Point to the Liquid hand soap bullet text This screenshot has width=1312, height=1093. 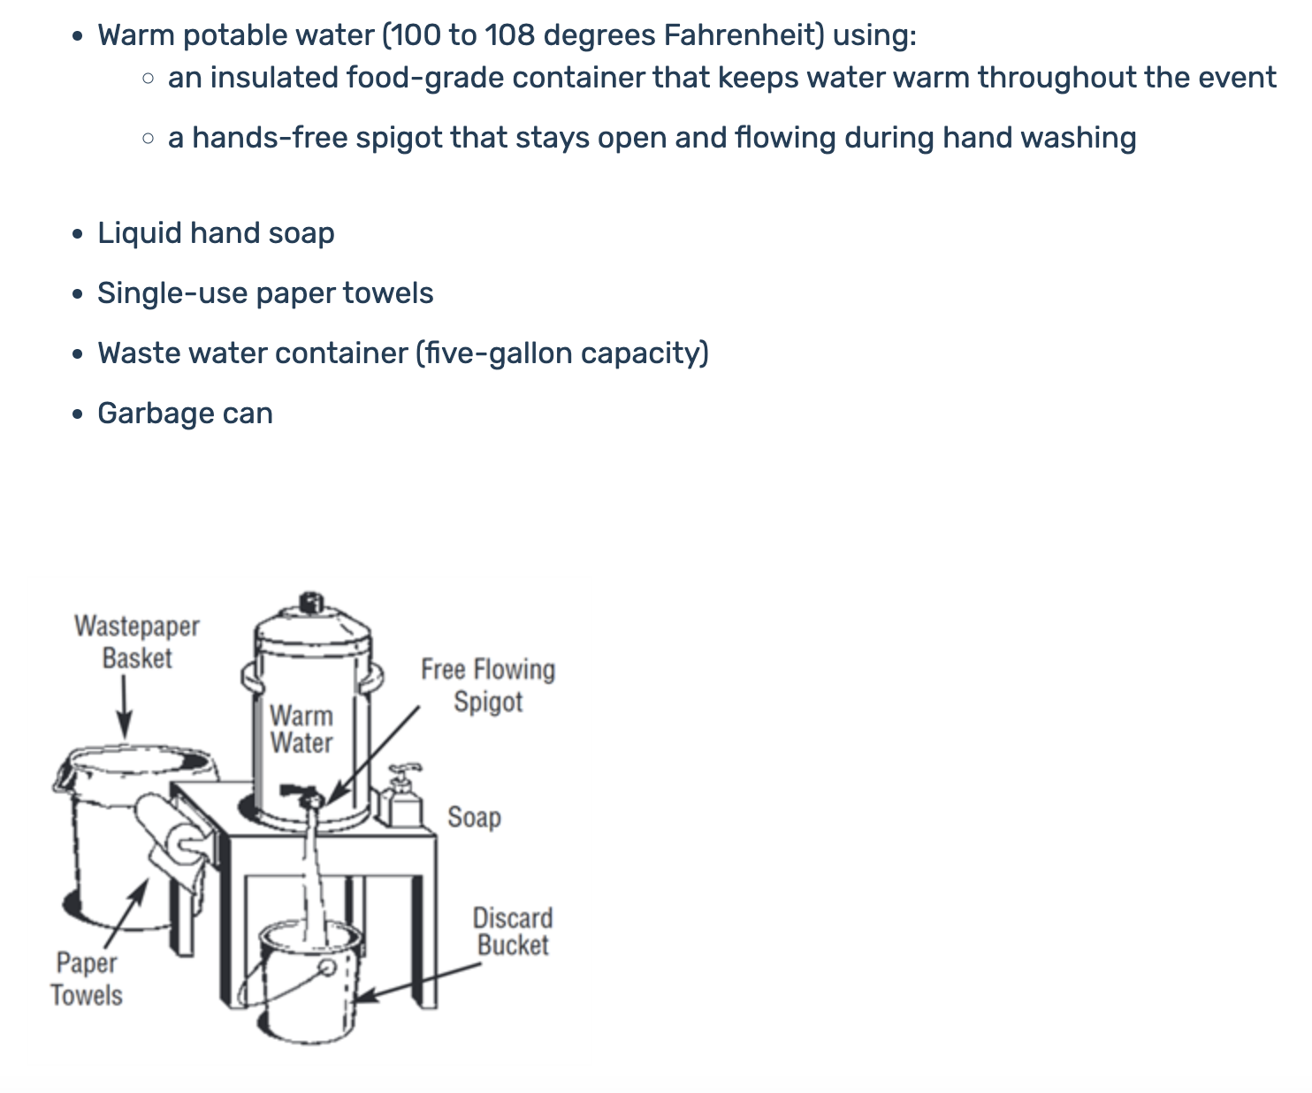[216, 233]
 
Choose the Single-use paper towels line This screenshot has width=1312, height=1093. [265, 293]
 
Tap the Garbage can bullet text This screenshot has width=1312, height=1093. [185, 414]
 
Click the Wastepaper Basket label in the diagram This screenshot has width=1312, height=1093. [137, 641]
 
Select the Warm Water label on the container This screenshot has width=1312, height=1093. [301, 728]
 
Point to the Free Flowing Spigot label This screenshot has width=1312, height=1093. [488, 685]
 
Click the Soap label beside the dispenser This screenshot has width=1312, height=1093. [474, 817]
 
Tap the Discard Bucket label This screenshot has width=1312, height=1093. [513, 931]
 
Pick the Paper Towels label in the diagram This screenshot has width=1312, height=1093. [87, 979]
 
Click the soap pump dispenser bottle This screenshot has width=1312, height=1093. [403, 800]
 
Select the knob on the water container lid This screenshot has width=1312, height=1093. [310, 603]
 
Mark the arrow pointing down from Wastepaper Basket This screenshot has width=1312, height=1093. [125, 707]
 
